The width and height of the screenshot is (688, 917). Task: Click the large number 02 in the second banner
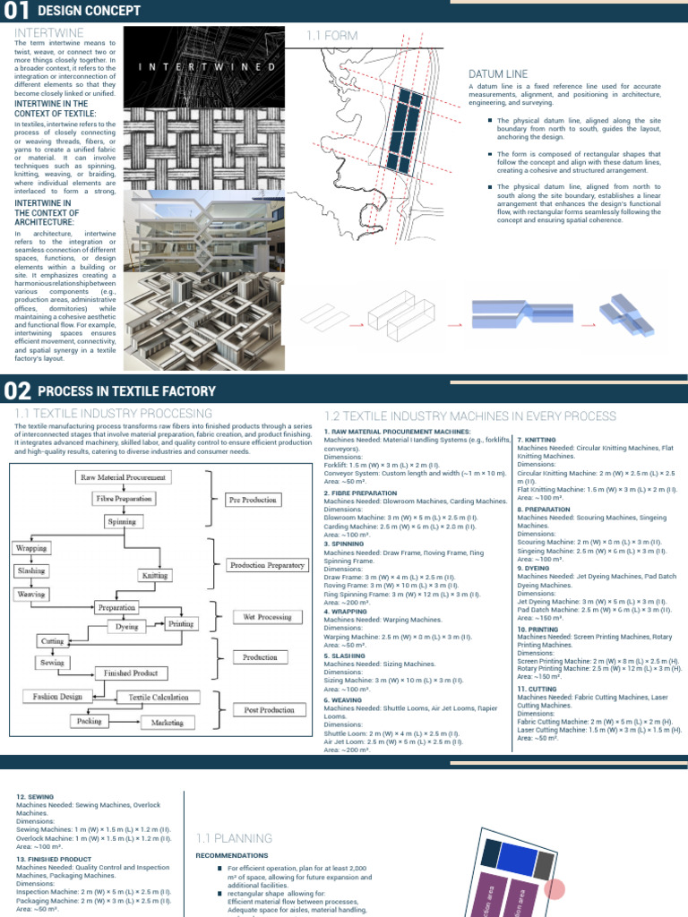(18, 390)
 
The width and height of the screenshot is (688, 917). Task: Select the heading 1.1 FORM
(332, 36)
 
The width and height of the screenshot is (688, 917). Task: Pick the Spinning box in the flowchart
(122, 521)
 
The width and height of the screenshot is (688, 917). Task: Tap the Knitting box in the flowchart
(154, 576)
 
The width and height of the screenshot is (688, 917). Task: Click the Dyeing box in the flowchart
(127, 627)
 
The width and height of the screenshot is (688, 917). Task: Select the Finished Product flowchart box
(131, 673)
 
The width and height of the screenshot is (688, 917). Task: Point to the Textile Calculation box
(158, 697)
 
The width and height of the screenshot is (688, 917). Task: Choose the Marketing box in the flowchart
(167, 722)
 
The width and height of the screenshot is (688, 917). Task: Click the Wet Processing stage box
(262, 617)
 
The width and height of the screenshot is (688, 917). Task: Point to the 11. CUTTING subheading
(538, 690)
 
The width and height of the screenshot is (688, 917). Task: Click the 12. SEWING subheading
(35, 795)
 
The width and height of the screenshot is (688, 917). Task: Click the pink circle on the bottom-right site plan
(555, 864)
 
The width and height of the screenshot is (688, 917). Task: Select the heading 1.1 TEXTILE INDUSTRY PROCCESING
(114, 414)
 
